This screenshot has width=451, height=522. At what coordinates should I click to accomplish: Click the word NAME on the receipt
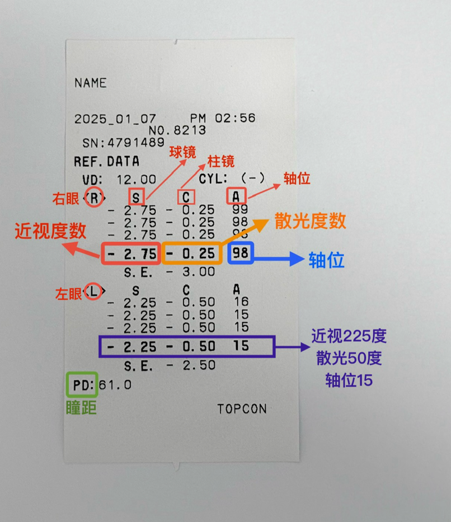point(91,83)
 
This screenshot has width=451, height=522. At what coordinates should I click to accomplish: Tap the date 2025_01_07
point(115,119)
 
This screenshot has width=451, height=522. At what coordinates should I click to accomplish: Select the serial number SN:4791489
point(124,143)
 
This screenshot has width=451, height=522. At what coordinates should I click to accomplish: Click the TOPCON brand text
point(242,409)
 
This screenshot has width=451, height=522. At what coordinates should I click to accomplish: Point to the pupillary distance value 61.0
point(115,385)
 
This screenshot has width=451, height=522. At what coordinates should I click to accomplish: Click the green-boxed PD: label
point(82,385)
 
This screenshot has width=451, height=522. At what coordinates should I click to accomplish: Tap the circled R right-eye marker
point(94,198)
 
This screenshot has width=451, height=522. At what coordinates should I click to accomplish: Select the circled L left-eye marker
point(93,291)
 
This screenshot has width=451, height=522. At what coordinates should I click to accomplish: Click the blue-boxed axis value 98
point(241,253)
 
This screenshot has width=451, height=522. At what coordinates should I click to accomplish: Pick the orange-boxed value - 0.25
point(192,253)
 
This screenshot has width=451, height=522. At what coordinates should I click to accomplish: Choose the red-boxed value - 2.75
point(131,253)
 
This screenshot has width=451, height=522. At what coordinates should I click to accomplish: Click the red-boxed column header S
point(137,197)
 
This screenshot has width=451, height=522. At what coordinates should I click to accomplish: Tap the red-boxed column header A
point(237,196)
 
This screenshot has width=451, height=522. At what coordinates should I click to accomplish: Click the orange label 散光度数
point(310,221)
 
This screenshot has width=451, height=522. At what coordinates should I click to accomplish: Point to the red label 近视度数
point(50,231)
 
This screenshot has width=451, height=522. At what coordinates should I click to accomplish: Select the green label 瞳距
point(81,407)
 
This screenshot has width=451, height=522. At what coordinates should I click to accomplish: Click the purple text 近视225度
point(349,336)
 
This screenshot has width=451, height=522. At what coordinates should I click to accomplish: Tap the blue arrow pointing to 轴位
point(279,258)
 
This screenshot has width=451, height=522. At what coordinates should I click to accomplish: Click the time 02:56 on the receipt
point(235,118)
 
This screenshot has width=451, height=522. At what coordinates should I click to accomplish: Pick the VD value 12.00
point(137,180)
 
